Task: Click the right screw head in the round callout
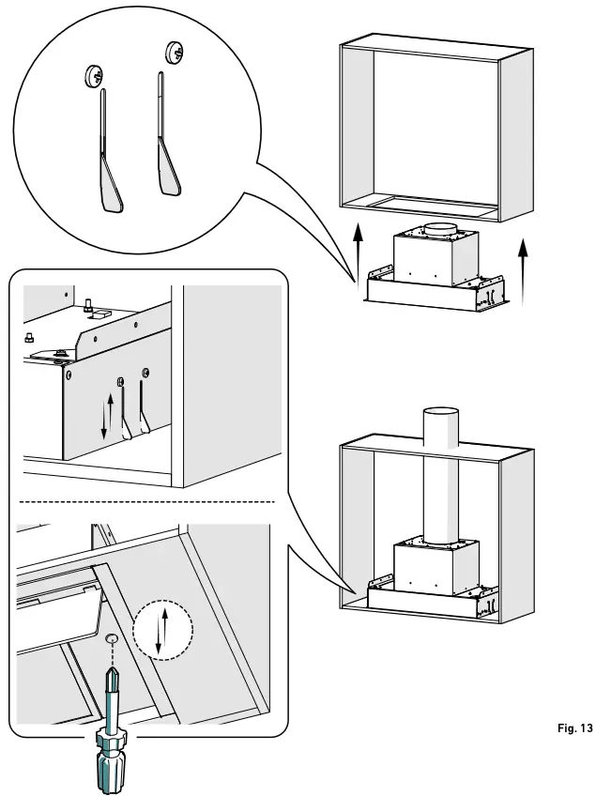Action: tap(174, 52)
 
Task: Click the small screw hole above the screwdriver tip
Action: tap(112, 638)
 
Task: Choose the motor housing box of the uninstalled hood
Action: tap(432, 258)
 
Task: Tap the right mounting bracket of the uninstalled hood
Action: tap(490, 292)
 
